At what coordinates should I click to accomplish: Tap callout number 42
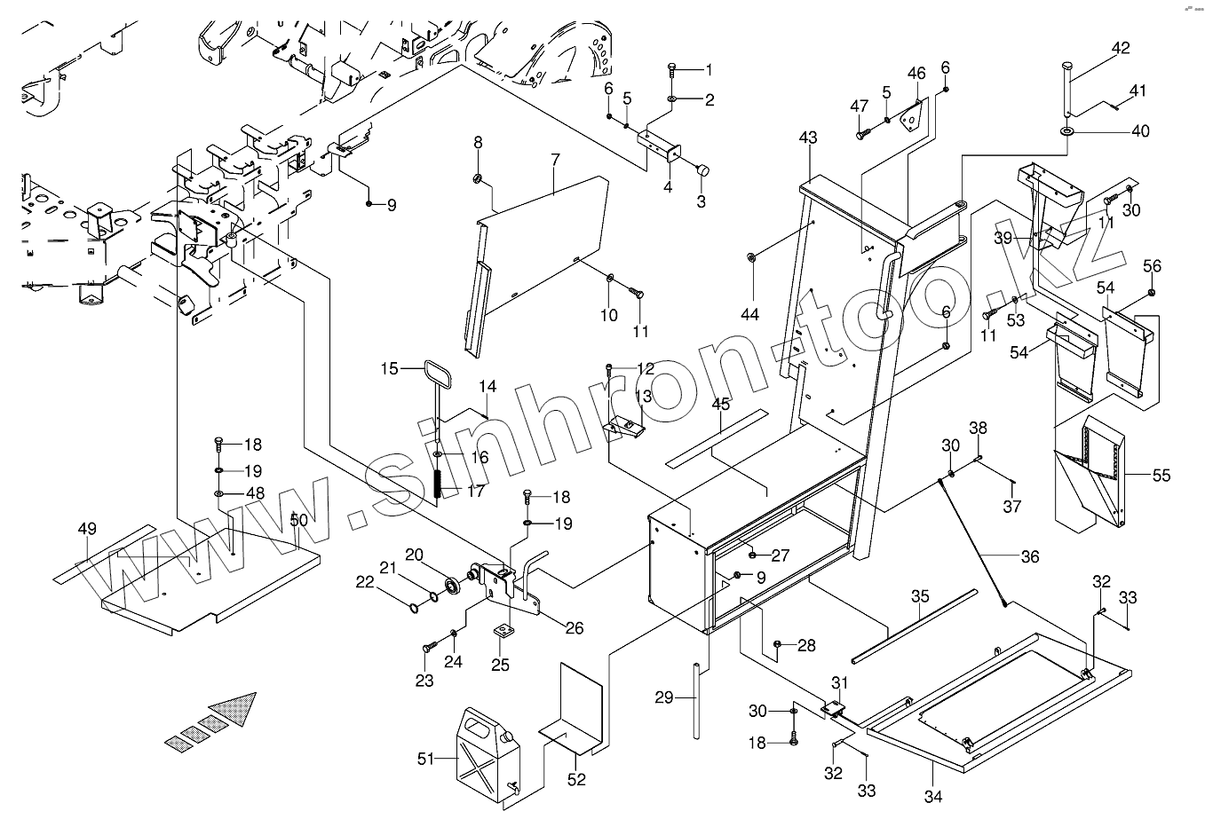1121,48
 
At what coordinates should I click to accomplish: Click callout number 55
1161,476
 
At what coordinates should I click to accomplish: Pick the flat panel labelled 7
542,240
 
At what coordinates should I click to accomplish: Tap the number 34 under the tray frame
932,796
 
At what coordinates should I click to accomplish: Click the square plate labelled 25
505,632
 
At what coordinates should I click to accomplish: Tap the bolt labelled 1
673,68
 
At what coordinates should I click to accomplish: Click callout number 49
86,531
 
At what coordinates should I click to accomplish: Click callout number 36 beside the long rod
1029,557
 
